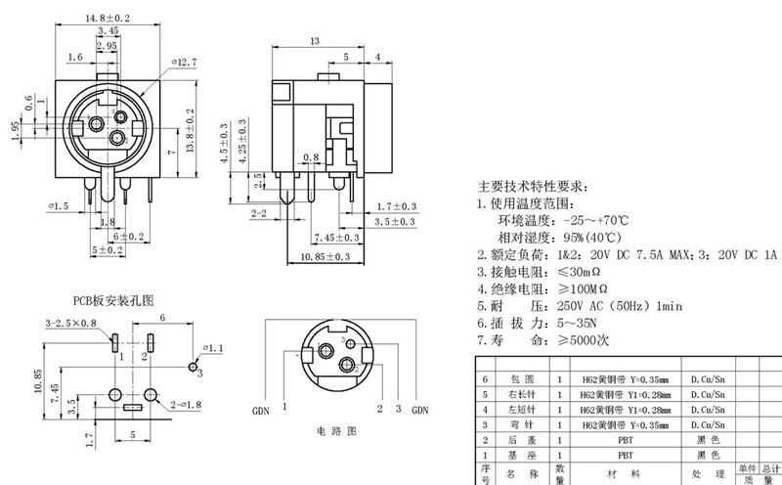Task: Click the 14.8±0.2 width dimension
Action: pyautogui.click(x=109, y=17)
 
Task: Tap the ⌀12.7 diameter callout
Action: pyautogui.click(x=184, y=62)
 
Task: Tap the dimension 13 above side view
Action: pyautogui.click(x=315, y=41)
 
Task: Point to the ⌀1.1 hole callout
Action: pyautogui.click(x=212, y=348)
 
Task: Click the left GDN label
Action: pyautogui.click(x=261, y=411)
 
